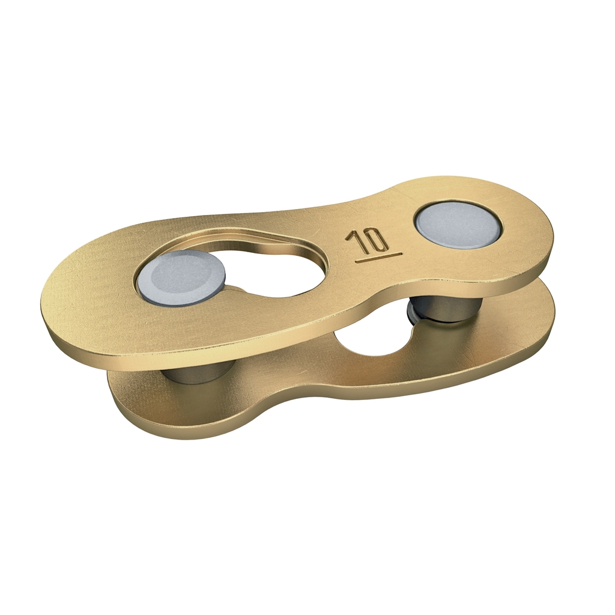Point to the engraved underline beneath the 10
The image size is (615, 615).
pos(378,256)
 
